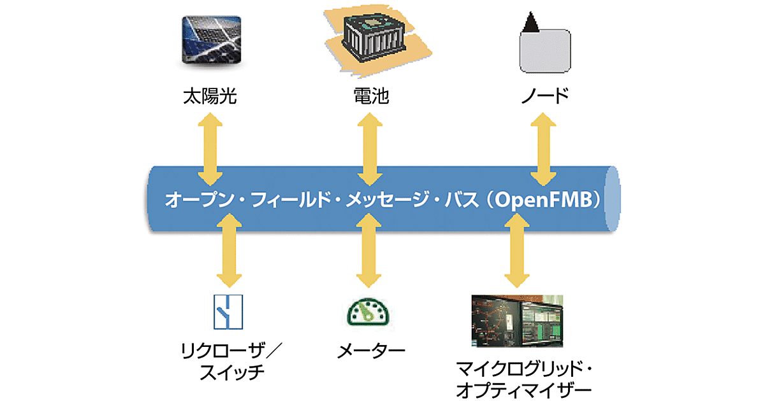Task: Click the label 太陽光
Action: [209, 97]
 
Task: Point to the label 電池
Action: [371, 97]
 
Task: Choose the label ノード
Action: [542, 97]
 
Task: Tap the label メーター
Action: [370, 350]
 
